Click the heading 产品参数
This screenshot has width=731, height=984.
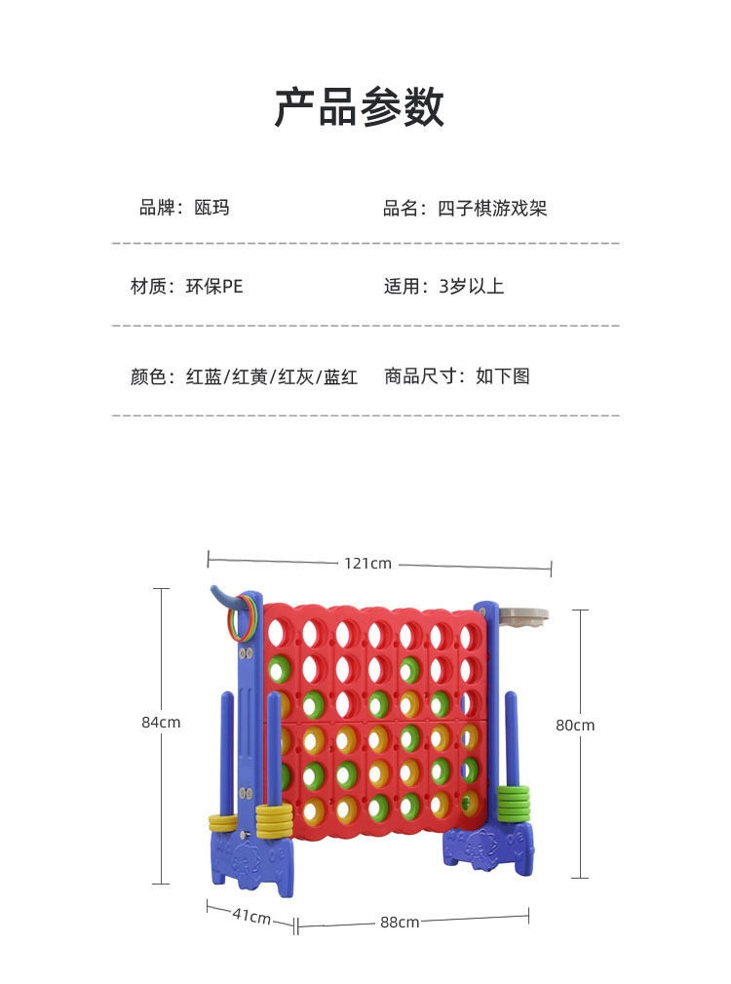click(359, 107)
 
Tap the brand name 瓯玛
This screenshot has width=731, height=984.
click(212, 208)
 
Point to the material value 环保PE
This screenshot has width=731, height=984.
click(213, 287)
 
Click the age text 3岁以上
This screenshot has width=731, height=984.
click(472, 287)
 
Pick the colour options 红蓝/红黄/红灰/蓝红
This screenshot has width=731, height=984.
click(272, 376)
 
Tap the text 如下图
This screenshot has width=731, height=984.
click(502, 376)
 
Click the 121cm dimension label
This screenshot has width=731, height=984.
click(367, 563)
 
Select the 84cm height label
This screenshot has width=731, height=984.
click(161, 723)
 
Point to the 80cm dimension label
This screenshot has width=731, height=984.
click(575, 726)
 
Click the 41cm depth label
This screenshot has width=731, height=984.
click(251, 917)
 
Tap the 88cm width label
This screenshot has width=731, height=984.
click(400, 923)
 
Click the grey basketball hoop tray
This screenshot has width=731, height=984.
click(522, 616)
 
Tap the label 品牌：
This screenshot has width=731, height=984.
click(161, 208)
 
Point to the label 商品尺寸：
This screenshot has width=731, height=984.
click(425, 376)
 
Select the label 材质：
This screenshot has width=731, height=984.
click(156, 287)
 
